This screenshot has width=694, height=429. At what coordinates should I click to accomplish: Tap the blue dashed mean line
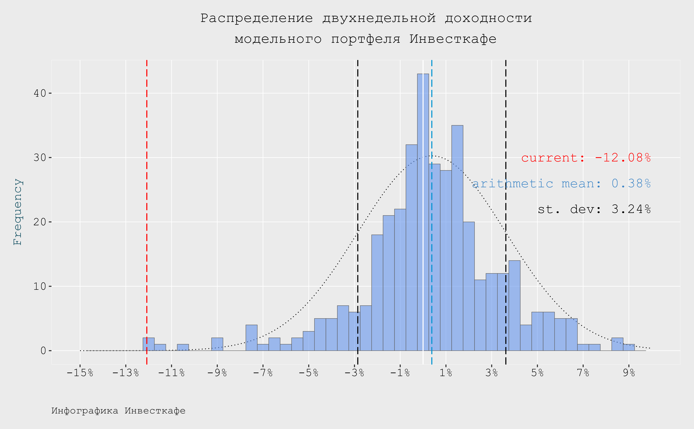pos(432,113)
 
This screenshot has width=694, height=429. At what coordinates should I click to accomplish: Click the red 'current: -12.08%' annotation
pos(586,158)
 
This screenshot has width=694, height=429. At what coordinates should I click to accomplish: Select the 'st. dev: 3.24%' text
pos(594,209)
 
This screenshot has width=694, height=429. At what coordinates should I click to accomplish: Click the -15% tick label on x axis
pos(80,372)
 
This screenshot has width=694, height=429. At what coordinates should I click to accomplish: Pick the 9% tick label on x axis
pos(629,372)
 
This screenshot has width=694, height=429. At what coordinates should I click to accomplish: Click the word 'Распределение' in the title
pos(257,18)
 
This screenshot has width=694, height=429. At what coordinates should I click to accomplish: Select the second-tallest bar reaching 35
pos(457,238)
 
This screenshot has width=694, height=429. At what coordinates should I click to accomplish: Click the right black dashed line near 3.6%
pos(506,142)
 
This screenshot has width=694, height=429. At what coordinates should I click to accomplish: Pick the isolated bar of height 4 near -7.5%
pos(251,338)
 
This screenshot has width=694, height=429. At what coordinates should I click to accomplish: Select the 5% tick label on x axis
pos(537,372)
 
